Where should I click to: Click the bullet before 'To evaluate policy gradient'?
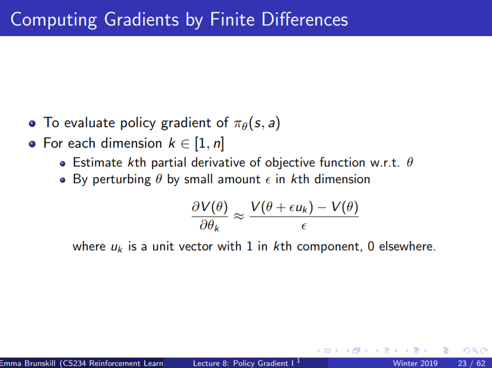[32, 123]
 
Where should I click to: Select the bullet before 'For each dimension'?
[32, 144]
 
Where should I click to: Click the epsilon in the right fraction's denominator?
[304, 226]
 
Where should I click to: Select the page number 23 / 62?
[469, 364]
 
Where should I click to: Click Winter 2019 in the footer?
[415, 364]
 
